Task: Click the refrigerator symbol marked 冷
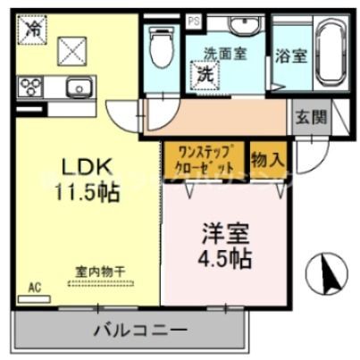32,30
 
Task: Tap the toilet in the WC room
161,46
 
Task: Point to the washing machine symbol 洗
206,72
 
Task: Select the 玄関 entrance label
312,117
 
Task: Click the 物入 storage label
267,159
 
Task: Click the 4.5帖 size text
224,259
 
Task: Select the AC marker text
36,288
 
